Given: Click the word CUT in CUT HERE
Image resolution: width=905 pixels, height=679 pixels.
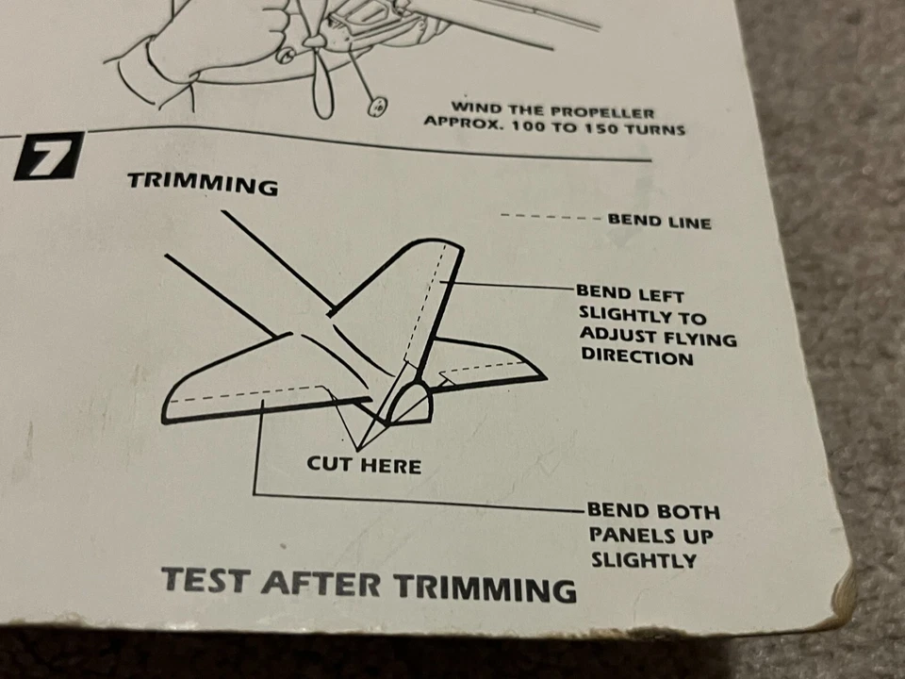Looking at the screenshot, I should click(x=330, y=464).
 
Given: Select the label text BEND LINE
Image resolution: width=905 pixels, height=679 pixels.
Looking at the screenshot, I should click(x=659, y=222).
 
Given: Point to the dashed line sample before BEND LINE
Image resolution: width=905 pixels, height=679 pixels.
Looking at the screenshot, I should click(x=551, y=217).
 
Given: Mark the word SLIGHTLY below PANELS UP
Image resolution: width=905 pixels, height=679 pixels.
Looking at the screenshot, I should click(x=644, y=560).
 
